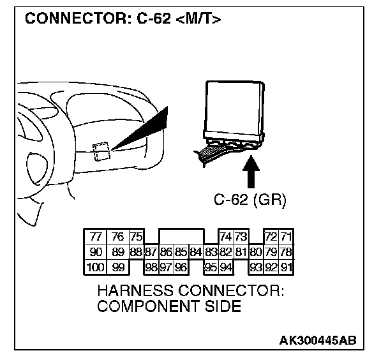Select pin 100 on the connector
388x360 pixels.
pyautogui.click(x=94, y=267)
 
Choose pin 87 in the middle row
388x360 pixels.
pyautogui.click(x=151, y=253)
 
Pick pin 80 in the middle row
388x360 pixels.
pyautogui.click(x=256, y=253)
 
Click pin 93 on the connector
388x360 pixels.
pyautogui.click(x=256, y=267)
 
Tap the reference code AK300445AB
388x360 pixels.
pyautogui.click(x=318, y=340)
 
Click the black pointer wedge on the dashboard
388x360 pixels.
pyautogui.click(x=144, y=130)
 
